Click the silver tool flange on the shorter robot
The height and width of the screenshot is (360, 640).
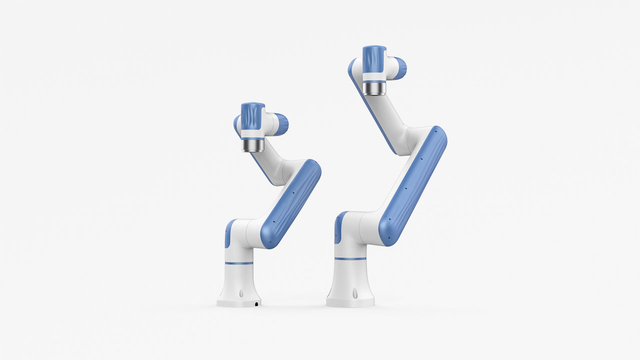pyautogui.click(x=252, y=145)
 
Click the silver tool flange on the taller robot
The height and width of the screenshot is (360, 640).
pyautogui.click(x=374, y=88)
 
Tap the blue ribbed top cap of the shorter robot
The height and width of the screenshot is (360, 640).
pyautogui.click(x=252, y=116)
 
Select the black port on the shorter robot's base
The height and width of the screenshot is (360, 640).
pyautogui.click(x=257, y=303)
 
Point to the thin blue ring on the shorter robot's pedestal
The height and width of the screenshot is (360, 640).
pyautogui.click(x=239, y=263)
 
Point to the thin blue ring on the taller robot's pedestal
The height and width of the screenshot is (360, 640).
pyautogui.click(x=350, y=258)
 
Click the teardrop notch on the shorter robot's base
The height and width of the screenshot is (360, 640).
pyautogui.click(x=240, y=293)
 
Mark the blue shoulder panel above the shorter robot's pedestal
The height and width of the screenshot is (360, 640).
pyautogui.click(x=228, y=234)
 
